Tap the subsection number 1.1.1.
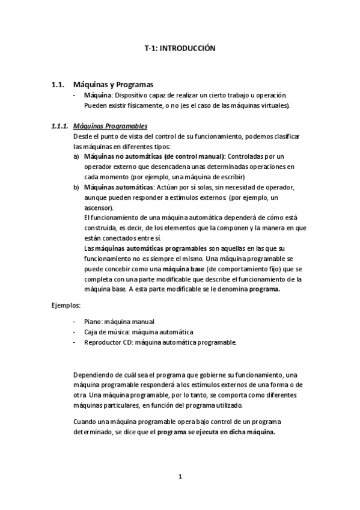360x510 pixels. pos(59,126)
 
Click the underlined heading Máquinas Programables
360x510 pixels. pos(109,126)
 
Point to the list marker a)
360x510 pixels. pos(76,156)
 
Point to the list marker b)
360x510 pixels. pos(76,187)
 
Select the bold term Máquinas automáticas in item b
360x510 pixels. pos(115,187)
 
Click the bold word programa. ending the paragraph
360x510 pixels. pos(264,289)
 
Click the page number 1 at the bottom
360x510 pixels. pos(180,476)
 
